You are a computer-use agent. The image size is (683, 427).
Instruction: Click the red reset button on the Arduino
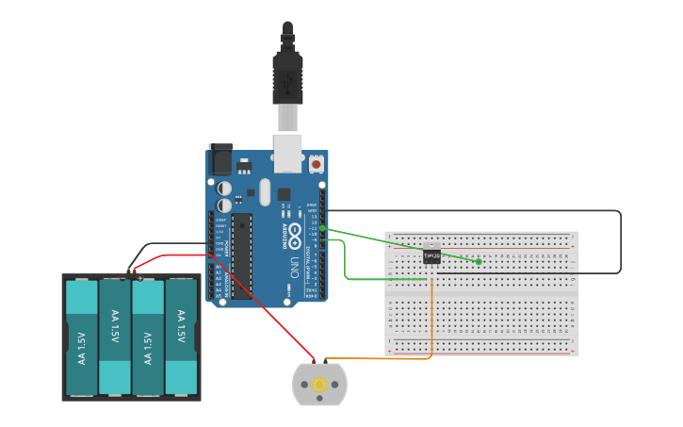[x=316, y=164]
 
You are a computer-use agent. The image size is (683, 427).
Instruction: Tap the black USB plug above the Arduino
[x=287, y=75]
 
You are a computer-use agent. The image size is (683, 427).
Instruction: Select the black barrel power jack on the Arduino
[x=220, y=159]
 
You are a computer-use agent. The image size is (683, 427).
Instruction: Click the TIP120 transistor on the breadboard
[x=431, y=255]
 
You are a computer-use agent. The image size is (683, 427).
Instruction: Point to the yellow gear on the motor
[x=319, y=384]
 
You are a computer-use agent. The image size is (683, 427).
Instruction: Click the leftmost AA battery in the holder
[x=81, y=337]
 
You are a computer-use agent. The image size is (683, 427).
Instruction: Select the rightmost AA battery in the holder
[x=181, y=337]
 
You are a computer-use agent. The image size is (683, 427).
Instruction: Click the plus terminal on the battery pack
[x=139, y=277]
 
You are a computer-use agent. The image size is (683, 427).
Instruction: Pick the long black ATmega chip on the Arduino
[x=242, y=255]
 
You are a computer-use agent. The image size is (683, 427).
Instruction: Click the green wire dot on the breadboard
[x=479, y=261]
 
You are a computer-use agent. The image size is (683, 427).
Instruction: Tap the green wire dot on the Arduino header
[x=322, y=228]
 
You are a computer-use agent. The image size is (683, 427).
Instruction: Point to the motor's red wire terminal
[x=315, y=361]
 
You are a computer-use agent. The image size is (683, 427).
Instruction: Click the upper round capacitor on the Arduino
[x=224, y=189]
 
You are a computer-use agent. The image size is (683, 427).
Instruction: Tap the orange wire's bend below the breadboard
[x=431, y=356]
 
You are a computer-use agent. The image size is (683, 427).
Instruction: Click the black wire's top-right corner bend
[x=619, y=212]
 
